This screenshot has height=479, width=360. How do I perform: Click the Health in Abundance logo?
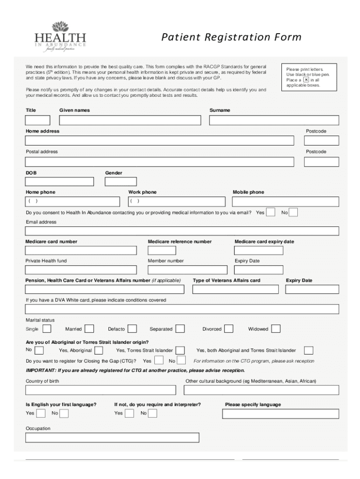(x=60, y=36)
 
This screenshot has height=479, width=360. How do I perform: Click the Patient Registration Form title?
(x=231, y=37)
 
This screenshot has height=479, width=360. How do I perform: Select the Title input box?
(x=37, y=120)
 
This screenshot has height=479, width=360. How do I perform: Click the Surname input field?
(x=274, y=120)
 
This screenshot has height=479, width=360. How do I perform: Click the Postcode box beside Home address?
(x=321, y=140)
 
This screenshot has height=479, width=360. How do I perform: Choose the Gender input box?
(x=121, y=181)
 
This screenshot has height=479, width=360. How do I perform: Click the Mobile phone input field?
(x=286, y=202)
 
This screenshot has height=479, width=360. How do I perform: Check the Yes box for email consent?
(x=270, y=212)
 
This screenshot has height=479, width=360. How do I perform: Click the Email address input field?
(x=182, y=231)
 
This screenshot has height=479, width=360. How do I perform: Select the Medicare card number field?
(x=81, y=250)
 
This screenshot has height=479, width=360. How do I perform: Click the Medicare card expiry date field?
(x=259, y=250)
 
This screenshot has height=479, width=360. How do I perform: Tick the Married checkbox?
(x=89, y=329)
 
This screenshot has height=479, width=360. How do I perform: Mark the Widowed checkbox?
(x=276, y=329)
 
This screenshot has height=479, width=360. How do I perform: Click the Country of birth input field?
(x=101, y=390)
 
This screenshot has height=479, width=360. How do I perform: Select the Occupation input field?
(x=112, y=437)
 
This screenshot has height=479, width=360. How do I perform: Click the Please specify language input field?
(x=281, y=414)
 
